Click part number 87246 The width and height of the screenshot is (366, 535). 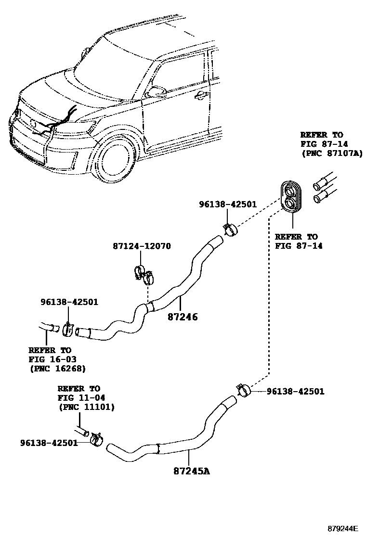coord(183,318)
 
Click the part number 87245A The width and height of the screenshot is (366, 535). coord(191,471)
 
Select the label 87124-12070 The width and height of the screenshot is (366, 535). coord(142,246)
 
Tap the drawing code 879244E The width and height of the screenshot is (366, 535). coord(343,528)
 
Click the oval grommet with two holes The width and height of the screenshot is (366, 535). coord(291,196)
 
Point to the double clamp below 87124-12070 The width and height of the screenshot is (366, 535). coord(143,274)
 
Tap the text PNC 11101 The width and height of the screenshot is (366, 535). coord(86,407)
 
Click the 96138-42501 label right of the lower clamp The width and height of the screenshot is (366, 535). coord(296,392)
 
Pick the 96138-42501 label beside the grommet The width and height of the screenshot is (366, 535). coord(228,204)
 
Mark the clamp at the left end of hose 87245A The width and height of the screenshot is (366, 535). coord(98,438)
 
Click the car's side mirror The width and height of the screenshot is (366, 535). coord(156,90)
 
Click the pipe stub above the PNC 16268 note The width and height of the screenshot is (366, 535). coord(48,328)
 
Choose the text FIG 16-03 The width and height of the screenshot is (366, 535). coord(52,359)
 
